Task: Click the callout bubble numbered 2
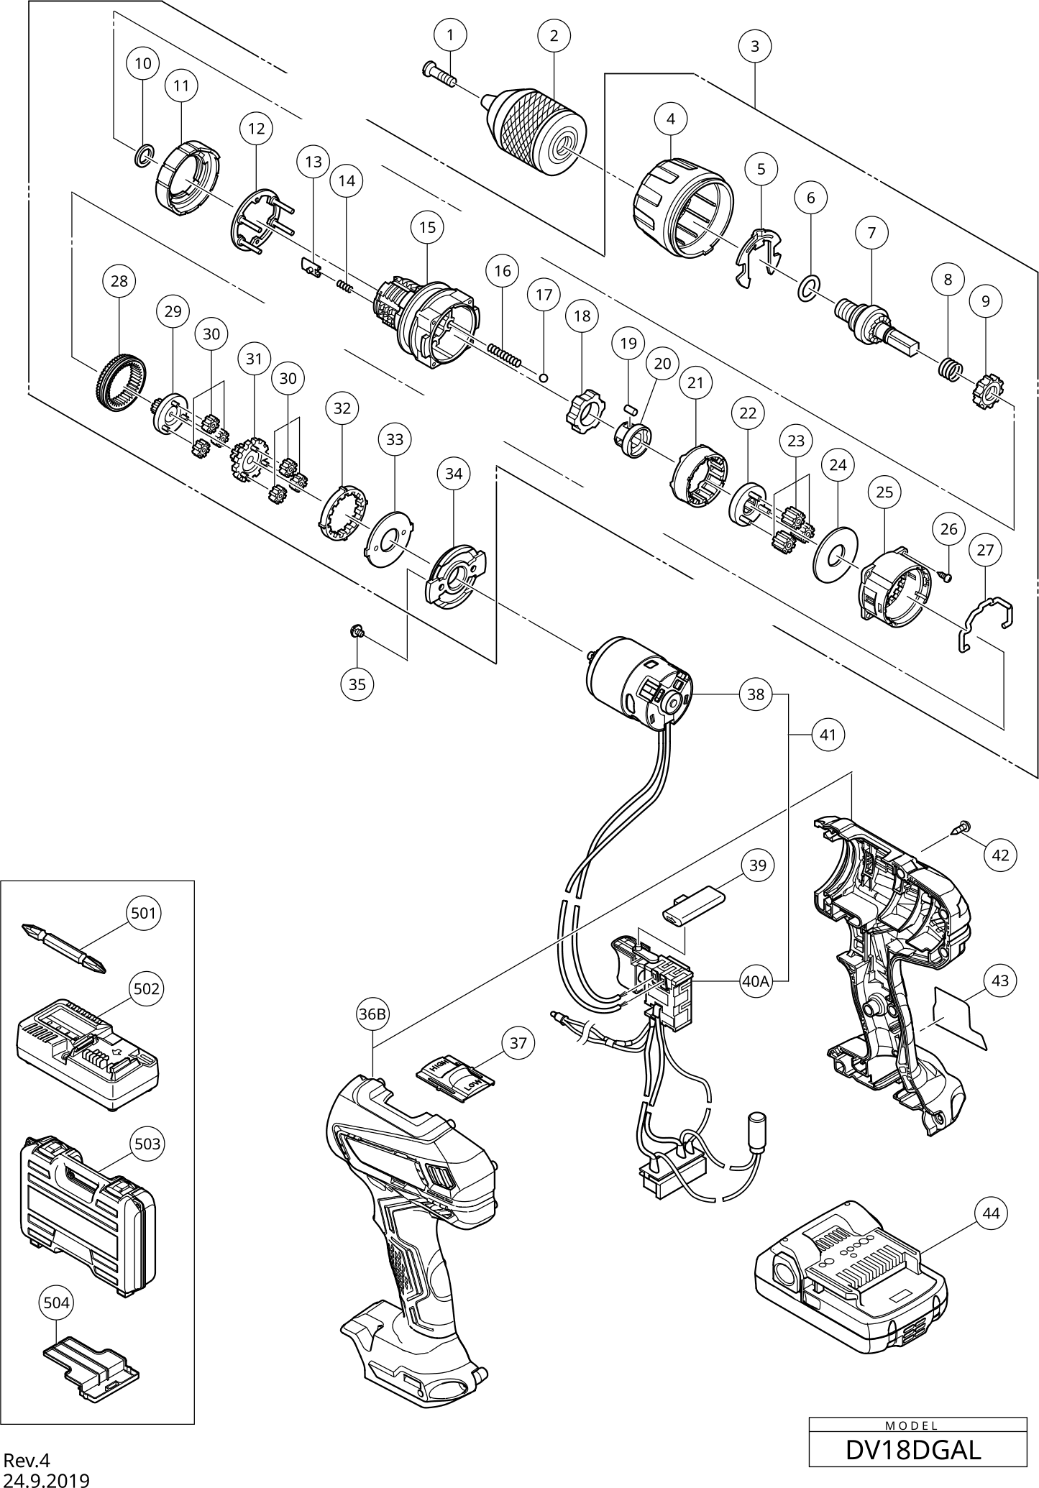coord(554,35)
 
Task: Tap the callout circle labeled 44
coord(991,1213)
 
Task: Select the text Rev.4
coord(27,1460)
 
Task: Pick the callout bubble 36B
coord(372,1014)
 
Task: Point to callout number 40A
coord(756,980)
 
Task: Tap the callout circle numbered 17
coord(544,295)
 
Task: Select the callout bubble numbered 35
coord(357,684)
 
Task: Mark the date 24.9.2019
coord(47,1479)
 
